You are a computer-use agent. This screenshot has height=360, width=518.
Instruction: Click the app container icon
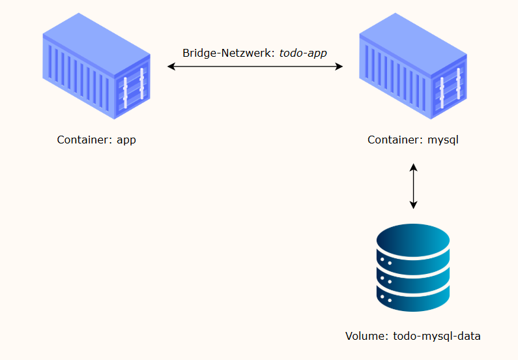96,67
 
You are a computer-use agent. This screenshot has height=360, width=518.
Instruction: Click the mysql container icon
413,67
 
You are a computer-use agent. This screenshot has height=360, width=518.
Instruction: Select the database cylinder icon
413,268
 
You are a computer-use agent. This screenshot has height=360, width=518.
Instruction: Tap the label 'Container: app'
96,140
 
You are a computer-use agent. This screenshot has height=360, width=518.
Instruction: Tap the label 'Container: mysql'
413,140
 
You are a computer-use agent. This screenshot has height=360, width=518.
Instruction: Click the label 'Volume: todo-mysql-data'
413,337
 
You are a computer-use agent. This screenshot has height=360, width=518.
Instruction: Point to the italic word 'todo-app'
303,53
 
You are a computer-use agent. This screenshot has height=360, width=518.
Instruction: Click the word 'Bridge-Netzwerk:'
229,53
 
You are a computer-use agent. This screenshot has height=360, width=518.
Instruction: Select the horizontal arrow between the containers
255,67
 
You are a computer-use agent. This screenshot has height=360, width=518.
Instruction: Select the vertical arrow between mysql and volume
413,186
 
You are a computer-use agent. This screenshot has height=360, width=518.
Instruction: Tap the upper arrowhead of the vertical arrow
413,167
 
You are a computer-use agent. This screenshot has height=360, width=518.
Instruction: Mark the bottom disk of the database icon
413,300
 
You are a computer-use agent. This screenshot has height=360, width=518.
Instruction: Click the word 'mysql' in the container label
443,140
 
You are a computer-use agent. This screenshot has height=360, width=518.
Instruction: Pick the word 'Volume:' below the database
367,337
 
